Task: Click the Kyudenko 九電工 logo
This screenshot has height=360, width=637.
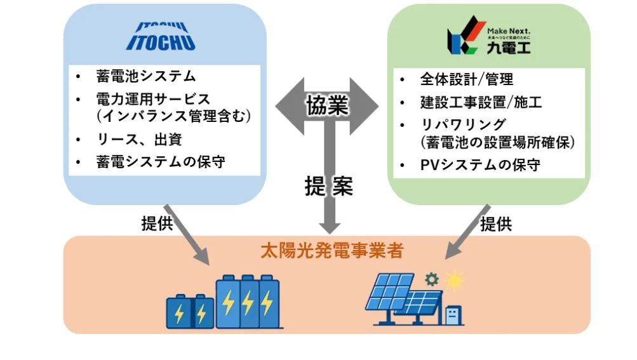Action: click(x=489, y=40)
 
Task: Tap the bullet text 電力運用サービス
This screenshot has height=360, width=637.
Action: click(x=153, y=99)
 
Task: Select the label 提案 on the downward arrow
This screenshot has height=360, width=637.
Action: click(x=328, y=185)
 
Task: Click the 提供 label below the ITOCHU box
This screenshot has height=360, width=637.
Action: click(x=157, y=223)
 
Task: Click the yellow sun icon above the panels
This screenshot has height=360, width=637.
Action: click(x=454, y=280)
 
